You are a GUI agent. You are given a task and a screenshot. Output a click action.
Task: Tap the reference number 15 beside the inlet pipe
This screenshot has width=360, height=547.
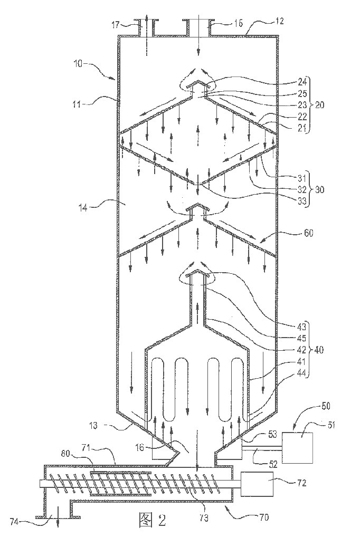point(239,23)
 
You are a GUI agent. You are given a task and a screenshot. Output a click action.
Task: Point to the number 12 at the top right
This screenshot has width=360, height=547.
point(279,21)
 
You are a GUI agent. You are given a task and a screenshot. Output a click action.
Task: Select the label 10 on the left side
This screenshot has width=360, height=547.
point(79,64)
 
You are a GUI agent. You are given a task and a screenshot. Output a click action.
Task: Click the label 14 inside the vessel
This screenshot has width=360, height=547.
point(83,208)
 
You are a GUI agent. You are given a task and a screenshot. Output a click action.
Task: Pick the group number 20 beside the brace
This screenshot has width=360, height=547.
point(319,104)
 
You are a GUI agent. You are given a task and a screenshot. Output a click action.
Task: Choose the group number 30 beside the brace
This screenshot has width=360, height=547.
point(319,189)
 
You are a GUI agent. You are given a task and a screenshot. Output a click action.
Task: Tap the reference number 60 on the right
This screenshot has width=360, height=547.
point(309,233)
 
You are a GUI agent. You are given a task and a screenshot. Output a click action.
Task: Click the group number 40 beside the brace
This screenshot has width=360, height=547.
point(319,350)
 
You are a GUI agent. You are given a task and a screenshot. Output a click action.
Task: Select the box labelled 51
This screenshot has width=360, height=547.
point(297,448)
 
